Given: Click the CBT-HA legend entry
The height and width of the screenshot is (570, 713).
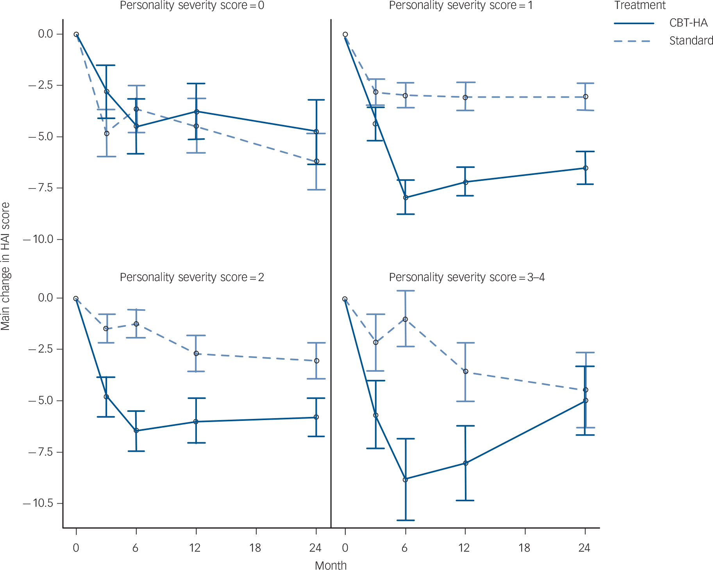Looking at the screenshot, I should pyautogui.click(x=688, y=23).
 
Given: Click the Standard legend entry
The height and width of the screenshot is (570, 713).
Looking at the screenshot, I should pyautogui.click(x=691, y=41).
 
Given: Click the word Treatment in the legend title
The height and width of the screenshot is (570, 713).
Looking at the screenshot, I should pyautogui.click(x=640, y=5).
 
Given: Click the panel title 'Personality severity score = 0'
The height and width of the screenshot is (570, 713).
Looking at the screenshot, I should pyautogui.click(x=192, y=5).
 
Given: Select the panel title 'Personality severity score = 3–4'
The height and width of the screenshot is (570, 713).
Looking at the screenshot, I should pyautogui.click(x=466, y=277).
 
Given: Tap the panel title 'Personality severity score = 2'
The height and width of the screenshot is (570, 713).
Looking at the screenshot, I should pyautogui.click(x=192, y=277).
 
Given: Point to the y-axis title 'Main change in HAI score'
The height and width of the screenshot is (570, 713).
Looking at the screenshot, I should pyautogui.click(x=5, y=266).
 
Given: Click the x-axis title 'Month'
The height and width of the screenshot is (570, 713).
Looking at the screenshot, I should pyautogui.click(x=331, y=565).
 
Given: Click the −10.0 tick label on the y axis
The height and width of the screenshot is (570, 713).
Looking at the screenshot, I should pyautogui.click(x=39, y=239).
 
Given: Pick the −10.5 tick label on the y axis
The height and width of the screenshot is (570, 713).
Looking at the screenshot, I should pyautogui.click(x=39, y=503).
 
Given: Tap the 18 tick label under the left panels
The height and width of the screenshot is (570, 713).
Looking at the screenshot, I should pyautogui.click(x=255, y=548).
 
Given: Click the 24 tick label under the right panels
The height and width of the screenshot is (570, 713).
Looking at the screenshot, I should pyautogui.click(x=584, y=548).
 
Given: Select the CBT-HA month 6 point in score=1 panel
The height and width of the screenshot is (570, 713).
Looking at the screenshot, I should pyautogui.click(x=406, y=198).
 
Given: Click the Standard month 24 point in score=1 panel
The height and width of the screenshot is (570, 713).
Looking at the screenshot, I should pyautogui.click(x=585, y=96).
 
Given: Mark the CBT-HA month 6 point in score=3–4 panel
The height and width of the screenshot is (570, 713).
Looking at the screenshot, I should pyautogui.click(x=405, y=479).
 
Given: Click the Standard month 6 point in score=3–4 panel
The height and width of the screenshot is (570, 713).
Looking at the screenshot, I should pyautogui.click(x=405, y=319).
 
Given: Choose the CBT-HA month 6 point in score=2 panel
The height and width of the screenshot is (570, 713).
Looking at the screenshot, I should pyautogui.click(x=136, y=431).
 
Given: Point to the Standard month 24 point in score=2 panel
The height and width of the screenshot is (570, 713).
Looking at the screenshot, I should pyautogui.click(x=316, y=361).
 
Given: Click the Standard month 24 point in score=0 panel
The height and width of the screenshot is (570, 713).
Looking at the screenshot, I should pyautogui.click(x=316, y=161).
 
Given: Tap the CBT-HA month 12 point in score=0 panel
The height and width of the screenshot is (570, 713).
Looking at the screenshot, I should pyautogui.click(x=197, y=112).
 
